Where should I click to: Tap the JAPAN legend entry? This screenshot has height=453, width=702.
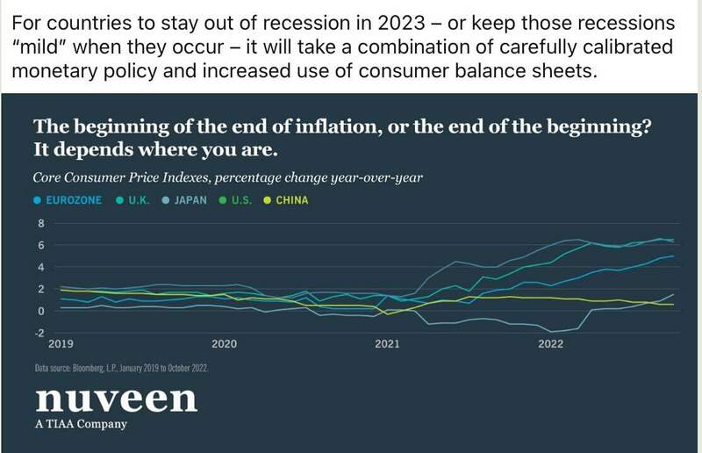190,200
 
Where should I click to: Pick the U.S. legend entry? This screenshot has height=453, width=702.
240,200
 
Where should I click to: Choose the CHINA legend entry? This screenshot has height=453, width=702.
291,200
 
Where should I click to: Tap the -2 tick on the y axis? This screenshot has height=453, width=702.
39,333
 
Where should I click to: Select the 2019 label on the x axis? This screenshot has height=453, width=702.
61,344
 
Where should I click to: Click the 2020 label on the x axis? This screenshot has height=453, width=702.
224,344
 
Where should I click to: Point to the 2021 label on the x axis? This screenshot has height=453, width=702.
387,344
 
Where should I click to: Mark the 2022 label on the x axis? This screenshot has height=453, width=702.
550,344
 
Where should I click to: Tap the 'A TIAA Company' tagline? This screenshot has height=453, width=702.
81,425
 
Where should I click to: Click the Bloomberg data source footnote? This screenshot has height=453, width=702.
121,368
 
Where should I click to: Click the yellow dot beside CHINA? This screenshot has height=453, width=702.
267,200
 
